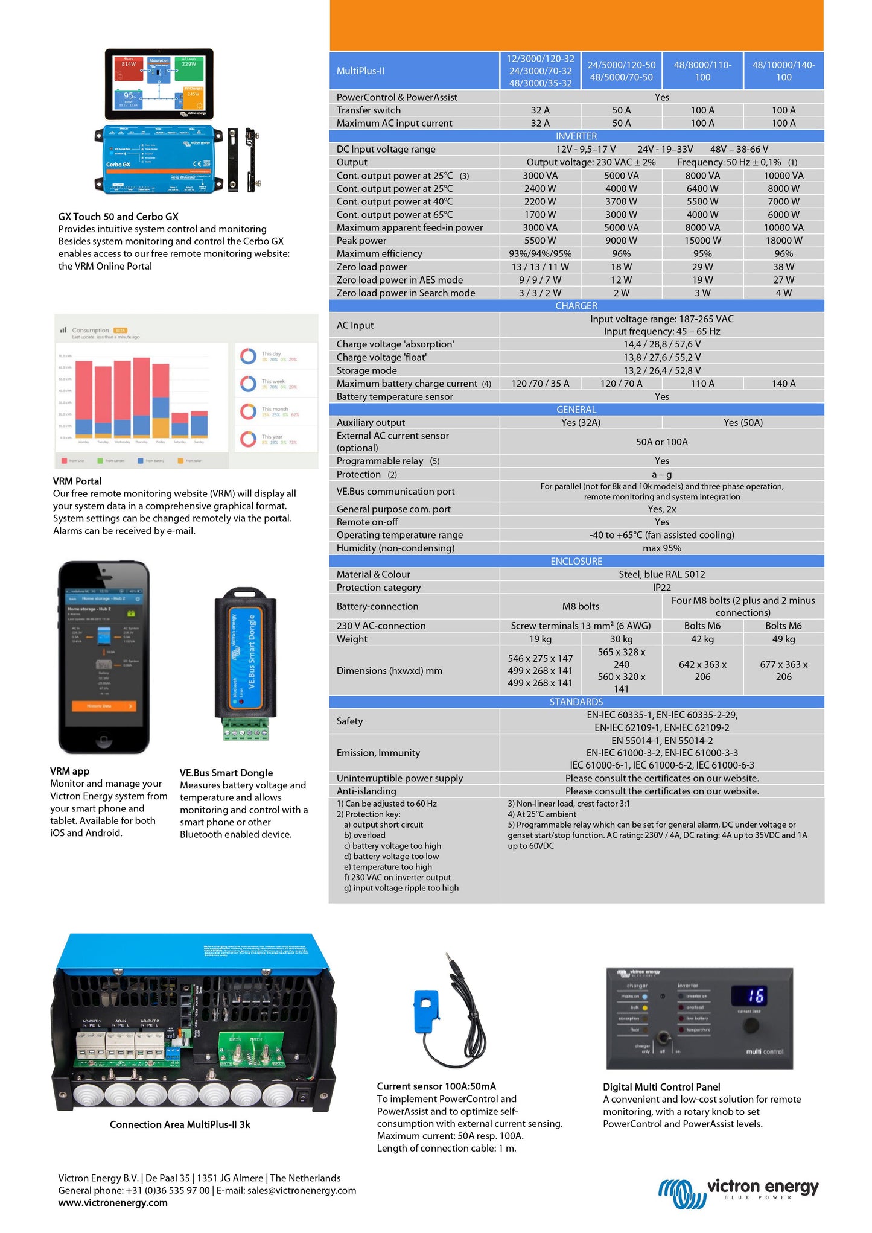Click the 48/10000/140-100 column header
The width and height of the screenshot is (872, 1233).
point(783,71)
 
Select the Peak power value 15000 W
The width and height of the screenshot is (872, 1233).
point(702,241)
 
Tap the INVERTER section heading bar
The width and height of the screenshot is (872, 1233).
point(576,136)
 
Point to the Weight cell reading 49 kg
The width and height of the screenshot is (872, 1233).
point(783,639)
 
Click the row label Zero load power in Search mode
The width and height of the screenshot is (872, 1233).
point(406,293)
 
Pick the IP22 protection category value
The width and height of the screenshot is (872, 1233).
point(661,588)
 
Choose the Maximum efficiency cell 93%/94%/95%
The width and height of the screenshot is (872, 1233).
point(540,254)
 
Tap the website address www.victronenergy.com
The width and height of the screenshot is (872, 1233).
point(113,1203)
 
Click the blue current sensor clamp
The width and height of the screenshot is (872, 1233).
point(429,1009)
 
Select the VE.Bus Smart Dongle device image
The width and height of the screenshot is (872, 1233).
point(246,664)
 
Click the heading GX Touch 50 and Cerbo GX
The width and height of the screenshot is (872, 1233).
point(118,217)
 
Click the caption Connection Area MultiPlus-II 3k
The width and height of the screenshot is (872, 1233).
point(180,1124)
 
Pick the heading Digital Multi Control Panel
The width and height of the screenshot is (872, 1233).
point(661,1087)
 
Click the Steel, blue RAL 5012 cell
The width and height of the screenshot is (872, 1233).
point(661,574)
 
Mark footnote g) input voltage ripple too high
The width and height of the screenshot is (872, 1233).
point(401,888)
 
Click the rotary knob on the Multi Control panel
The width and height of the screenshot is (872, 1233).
point(751,1025)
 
